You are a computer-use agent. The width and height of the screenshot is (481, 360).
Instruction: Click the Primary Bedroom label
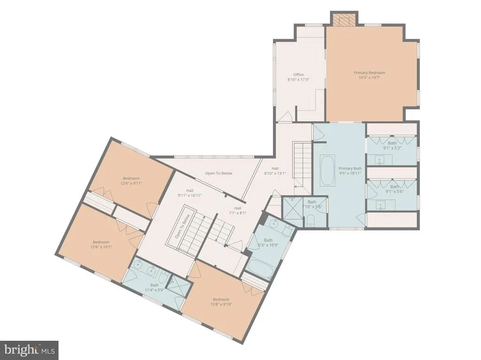369,73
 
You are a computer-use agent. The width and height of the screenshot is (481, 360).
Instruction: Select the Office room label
298,75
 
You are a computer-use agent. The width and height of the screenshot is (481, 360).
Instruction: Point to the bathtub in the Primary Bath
327,170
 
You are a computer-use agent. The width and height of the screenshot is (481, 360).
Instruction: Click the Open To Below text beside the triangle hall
219,173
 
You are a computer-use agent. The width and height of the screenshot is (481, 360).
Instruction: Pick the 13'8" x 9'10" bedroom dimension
221,305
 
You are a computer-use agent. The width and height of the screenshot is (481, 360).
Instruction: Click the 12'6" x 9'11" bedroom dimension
131,184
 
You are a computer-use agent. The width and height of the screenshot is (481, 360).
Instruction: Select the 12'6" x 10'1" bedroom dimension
101,247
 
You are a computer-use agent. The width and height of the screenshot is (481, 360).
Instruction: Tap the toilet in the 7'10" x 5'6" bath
310,221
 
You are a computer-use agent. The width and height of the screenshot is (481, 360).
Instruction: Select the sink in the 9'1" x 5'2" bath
380,160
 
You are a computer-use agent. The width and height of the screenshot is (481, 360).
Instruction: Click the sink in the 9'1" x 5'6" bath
381,204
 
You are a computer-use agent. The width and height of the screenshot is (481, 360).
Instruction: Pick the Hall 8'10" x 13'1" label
275,171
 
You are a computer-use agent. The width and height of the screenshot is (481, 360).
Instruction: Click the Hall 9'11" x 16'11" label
190,193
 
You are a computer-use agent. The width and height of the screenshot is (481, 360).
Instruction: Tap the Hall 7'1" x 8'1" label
238,210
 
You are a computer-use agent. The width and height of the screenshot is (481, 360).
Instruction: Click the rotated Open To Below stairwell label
182,226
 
